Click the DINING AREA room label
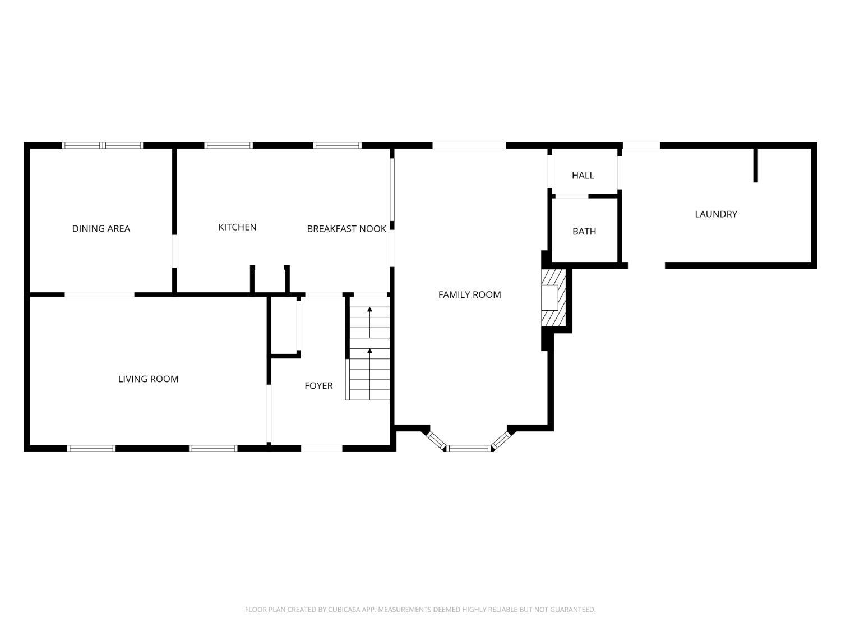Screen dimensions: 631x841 [x=101, y=228]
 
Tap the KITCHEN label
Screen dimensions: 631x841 [x=237, y=227]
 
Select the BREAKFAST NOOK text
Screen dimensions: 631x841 [x=346, y=229]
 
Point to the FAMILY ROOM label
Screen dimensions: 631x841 [x=469, y=294]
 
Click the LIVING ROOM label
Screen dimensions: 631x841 [x=148, y=379]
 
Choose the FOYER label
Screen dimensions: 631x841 [x=318, y=386]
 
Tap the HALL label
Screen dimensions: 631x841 [x=583, y=176]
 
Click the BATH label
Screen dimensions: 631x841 [x=584, y=231]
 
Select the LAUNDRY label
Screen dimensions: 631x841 [x=715, y=214]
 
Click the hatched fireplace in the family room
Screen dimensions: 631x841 [x=554, y=298]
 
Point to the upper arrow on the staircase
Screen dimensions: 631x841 [x=369, y=310]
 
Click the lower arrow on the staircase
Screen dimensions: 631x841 [x=369, y=352]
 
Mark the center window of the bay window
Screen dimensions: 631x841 [x=469, y=448]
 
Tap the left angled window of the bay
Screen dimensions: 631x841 [x=436, y=440]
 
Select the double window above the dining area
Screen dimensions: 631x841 [x=103, y=145]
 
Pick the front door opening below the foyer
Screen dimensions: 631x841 [x=321, y=448]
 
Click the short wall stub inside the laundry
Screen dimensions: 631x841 [x=755, y=165]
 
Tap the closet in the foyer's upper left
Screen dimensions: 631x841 [x=284, y=325]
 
